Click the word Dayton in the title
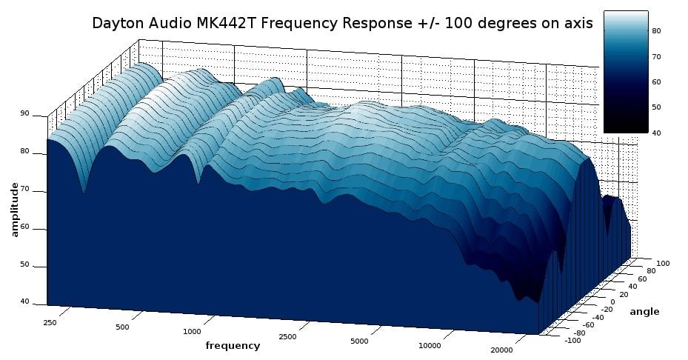click(x=116, y=23)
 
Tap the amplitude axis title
click(x=15, y=211)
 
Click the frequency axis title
click(x=233, y=346)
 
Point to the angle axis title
click(x=644, y=312)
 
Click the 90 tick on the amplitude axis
click(x=24, y=114)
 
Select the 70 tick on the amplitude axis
click(x=24, y=190)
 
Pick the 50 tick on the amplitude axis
click(x=24, y=265)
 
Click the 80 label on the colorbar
click(x=656, y=31)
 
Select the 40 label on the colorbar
click(x=656, y=133)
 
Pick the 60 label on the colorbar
click(x=656, y=82)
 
